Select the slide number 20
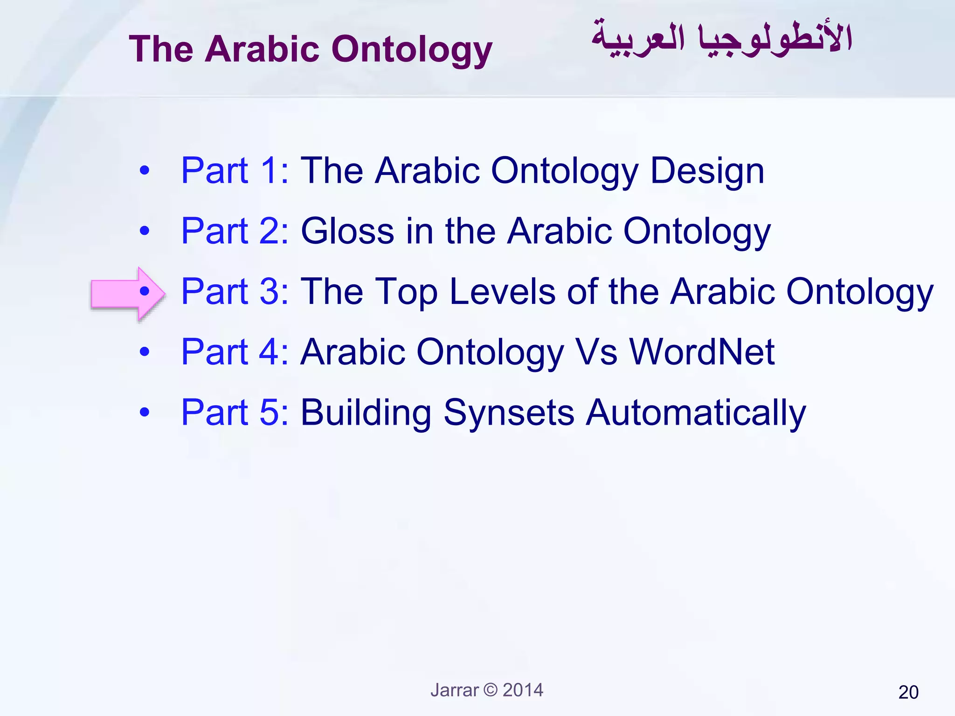coord(908,693)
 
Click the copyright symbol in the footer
coord(491,690)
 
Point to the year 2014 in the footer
coord(523,690)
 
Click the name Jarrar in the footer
coord(454,690)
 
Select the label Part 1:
coord(235,171)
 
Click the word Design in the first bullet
coord(707,172)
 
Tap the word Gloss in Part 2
coord(347,231)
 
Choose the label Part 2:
coord(235,231)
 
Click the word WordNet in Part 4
coord(702,352)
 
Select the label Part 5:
coord(235,413)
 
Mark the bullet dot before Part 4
coord(145,352)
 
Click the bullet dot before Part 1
coord(145,171)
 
